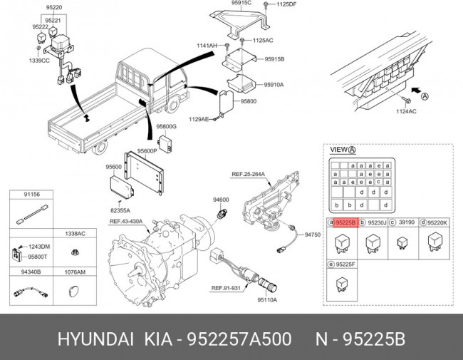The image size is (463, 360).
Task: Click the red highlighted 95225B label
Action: [x=345, y=222]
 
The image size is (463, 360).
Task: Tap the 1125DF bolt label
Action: [x=286, y=5]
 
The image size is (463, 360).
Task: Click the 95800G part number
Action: [x=166, y=127]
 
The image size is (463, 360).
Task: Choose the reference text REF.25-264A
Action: [x=248, y=174]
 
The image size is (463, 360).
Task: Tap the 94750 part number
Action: [x=313, y=234]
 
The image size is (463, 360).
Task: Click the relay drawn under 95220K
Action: [x=435, y=243]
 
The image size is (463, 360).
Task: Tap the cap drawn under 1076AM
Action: [x=75, y=291]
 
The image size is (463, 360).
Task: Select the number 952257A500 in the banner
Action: [x=234, y=336]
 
